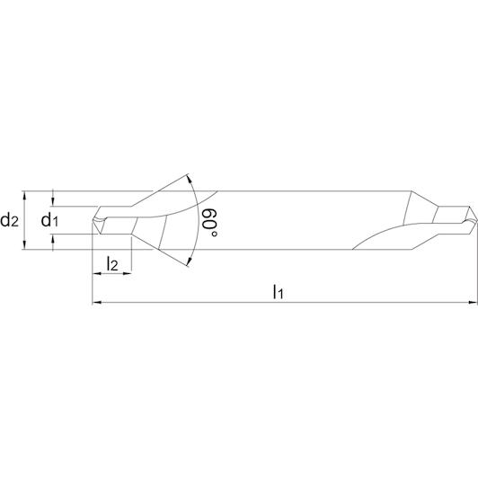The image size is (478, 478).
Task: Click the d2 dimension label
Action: click(10, 219)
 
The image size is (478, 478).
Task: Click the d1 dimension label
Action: click(49, 219)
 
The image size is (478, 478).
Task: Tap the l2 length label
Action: click(112, 263)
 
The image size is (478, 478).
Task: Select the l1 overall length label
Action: click(278, 291)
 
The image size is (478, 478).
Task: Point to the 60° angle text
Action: click(209, 223)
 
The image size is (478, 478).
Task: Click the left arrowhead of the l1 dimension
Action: click(96, 303)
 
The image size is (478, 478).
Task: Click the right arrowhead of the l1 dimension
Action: click(473, 303)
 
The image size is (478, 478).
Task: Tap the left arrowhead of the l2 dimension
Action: click(96, 274)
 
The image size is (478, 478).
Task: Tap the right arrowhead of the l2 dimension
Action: click(127, 274)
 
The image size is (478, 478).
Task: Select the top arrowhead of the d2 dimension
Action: click(25, 196)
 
